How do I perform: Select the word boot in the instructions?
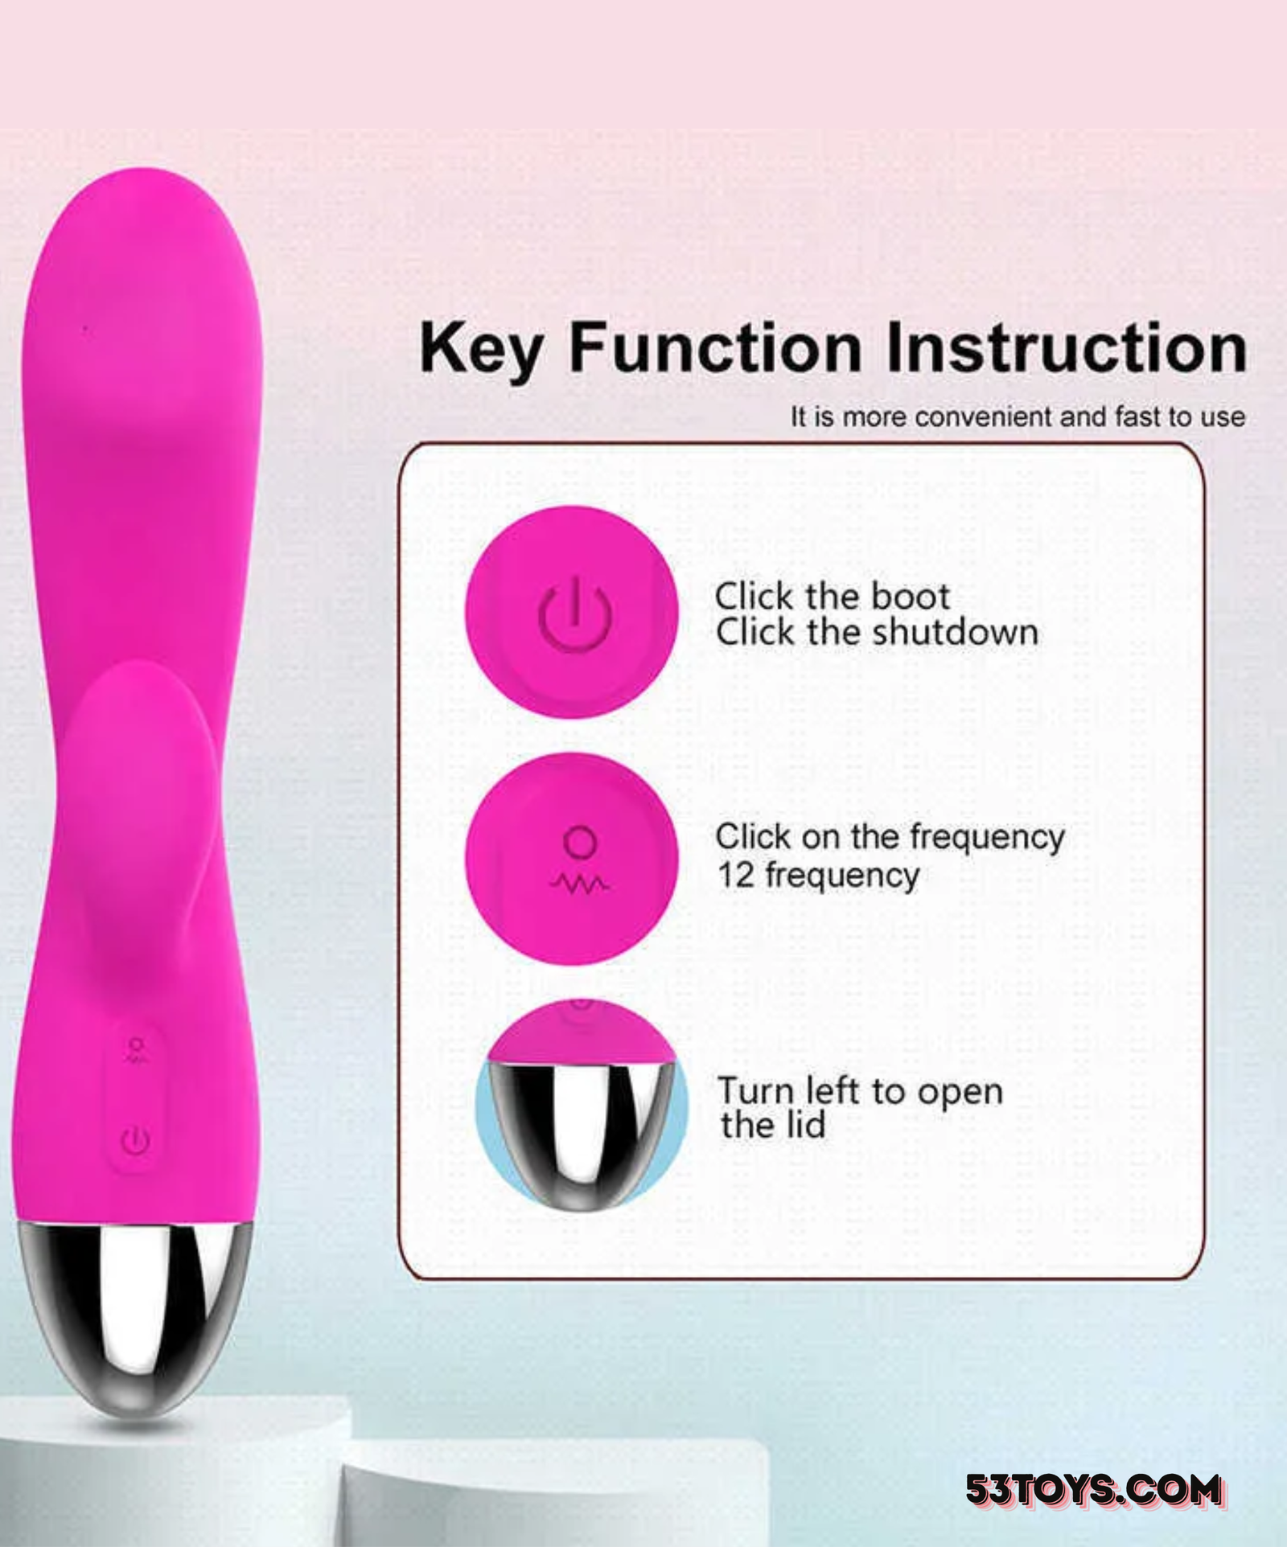(911, 597)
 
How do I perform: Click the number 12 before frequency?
(735, 875)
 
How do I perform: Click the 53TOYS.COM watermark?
(1094, 1490)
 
